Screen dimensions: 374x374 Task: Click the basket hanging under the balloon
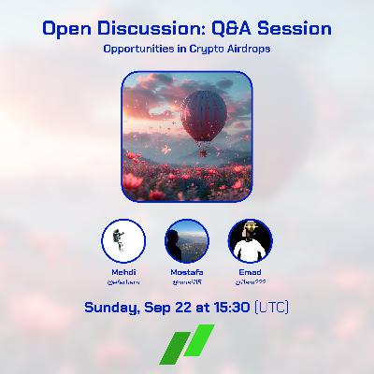[x=201, y=152]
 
